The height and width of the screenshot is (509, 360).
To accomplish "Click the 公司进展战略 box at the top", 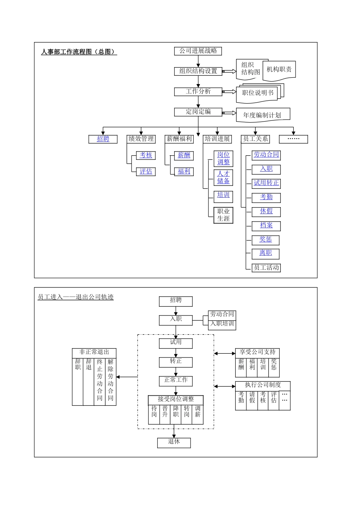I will pyautogui.click(x=198, y=51).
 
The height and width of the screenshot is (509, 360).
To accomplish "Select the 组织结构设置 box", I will pyautogui.click(x=198, y=71).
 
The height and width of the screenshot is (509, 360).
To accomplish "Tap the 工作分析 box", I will pyautogui.click(x=198, y=91).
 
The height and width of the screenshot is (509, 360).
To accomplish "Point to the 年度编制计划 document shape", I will pyautogui.click(x=263, y=115).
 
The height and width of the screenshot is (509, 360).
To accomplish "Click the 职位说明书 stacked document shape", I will pyautogui.click(x=258, y=93).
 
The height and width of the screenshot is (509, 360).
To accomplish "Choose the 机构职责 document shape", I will pyautogui.click(x=279, y=70).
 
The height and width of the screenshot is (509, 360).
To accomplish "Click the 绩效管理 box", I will pyautogui.click(x=141, y=139).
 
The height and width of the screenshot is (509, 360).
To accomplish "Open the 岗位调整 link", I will pyautogui.click(x=223, y=158).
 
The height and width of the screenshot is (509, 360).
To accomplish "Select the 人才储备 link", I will pyautogui.click(x=223, y=177).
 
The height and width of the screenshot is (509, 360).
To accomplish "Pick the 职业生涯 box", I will pyautogui.click(x=223, y=215).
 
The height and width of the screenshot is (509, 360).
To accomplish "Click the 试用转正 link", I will pyautogui.click(x=266, y=183).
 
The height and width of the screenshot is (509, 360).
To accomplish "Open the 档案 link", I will pyautogui.click(x=266, y=225).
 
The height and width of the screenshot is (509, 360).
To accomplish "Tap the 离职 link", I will pyautogui.click(x=266, y=253).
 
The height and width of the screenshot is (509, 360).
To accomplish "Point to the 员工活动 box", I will pyautogui.click(x=266, y=267).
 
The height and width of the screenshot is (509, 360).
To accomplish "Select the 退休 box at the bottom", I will pyautogui.click(x=174, y=442).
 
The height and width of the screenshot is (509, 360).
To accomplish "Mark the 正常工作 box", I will pyautogui.click(x=175, y=380).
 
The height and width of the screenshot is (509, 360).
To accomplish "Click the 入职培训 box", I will pyautogui.click(x=222, y=324).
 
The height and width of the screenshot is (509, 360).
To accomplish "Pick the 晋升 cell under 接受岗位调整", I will pyautogui.click(x=165, y=412).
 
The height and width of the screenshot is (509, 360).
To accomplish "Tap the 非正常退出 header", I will pyautogui.click(x=94, y=352).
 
